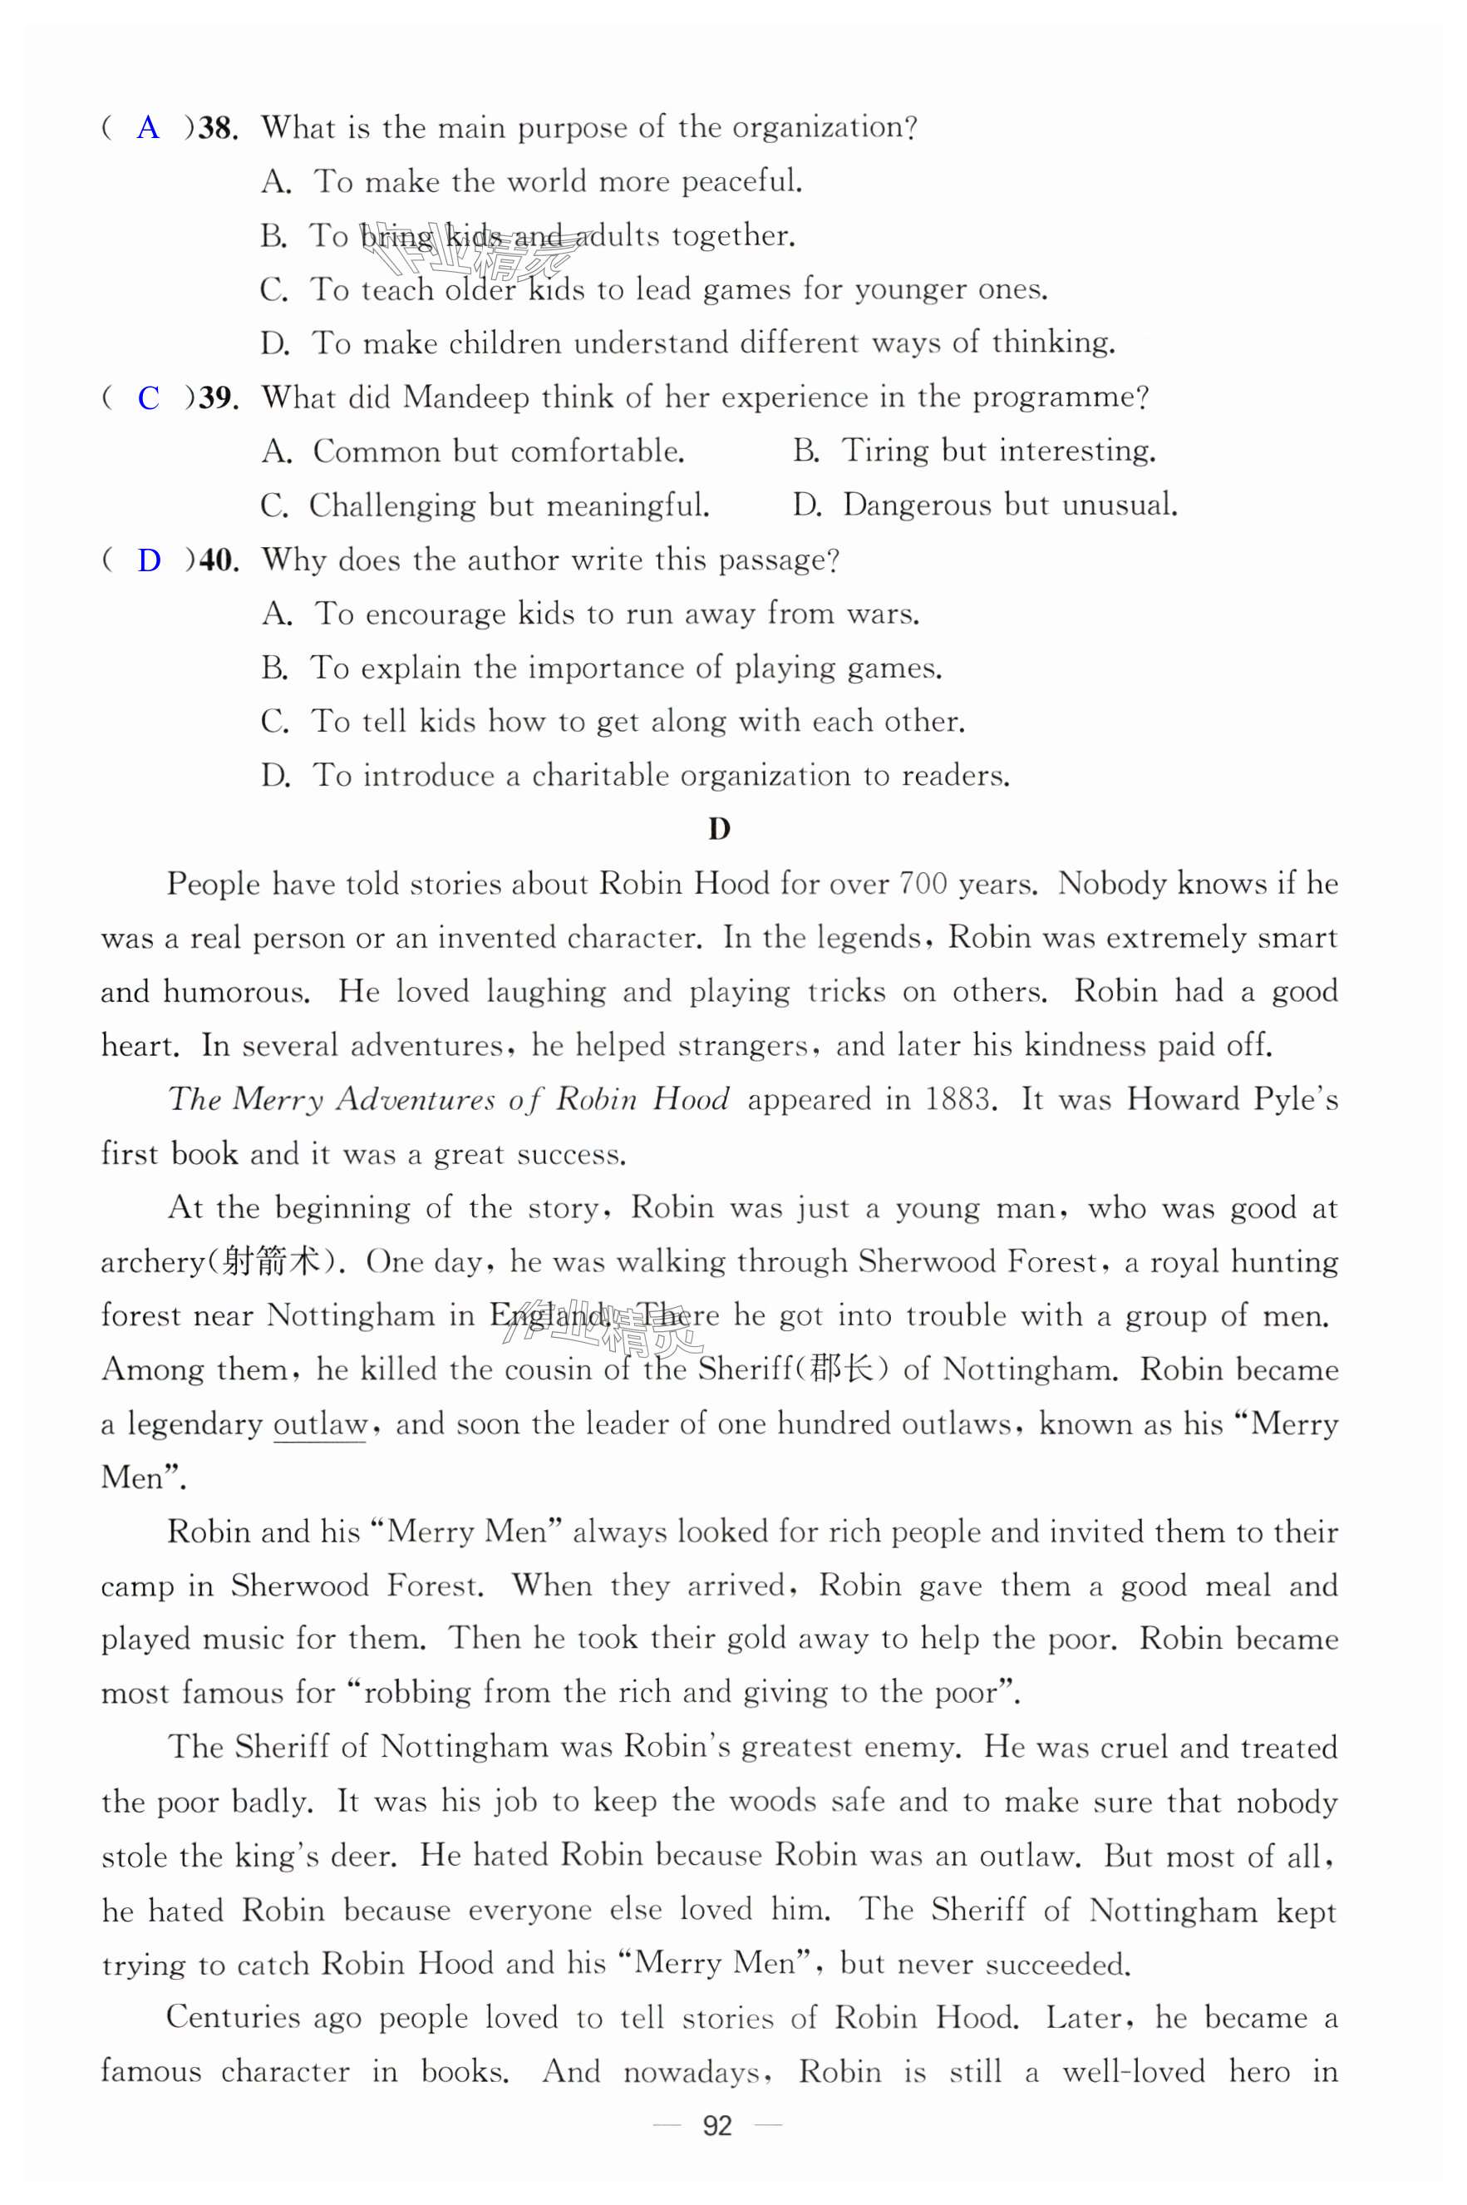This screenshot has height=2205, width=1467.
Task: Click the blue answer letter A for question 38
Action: [x=148, y=127]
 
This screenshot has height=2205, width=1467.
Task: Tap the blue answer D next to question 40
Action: [x=149, y=560]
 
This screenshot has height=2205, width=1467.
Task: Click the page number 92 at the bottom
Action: [x=716, y=2126]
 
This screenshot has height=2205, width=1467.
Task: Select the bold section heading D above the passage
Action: [x=718, y=829]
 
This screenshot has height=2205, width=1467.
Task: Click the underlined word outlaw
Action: [x=320, y=1424]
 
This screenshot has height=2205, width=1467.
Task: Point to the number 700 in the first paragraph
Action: [x=923, y=884]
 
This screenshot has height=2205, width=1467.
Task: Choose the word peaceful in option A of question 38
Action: [x=741, y=181]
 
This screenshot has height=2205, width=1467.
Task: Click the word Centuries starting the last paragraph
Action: [x=233, y=2017]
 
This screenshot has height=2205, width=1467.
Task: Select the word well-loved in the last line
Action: [x=1133, y=2072]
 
